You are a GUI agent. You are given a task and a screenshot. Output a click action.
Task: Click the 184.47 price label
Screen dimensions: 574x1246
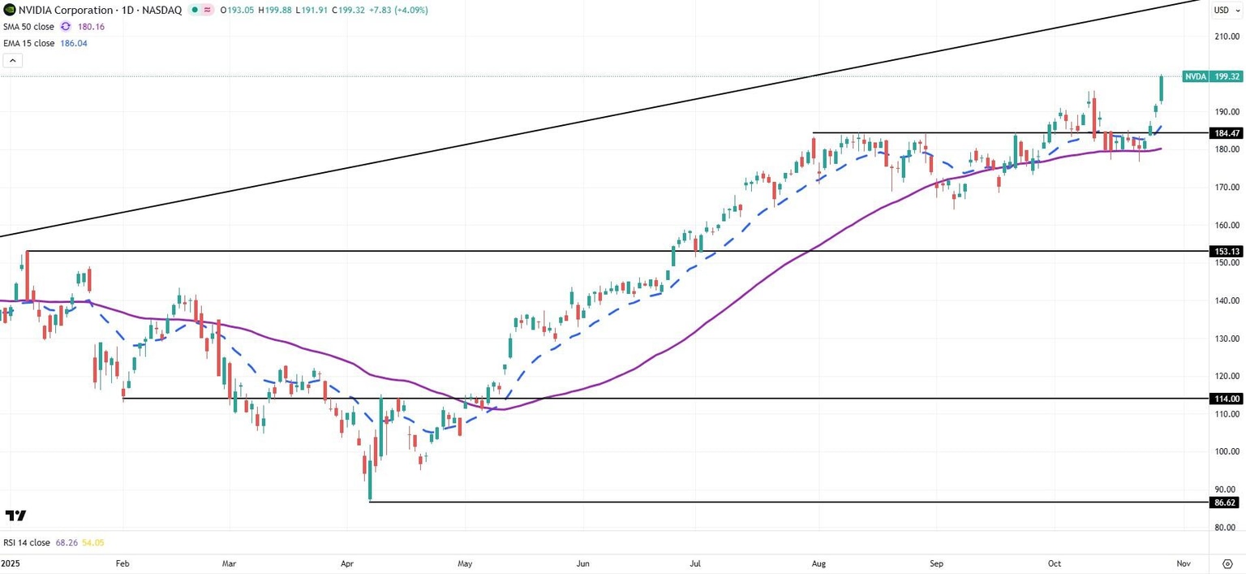[1225, 133]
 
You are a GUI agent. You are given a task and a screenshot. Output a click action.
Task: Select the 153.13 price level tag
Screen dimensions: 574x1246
[1225, 252]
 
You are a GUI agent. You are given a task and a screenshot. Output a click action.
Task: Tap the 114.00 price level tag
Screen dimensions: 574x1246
[1225, 399]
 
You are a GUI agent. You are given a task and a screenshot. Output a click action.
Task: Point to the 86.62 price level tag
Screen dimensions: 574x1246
[1225, 503]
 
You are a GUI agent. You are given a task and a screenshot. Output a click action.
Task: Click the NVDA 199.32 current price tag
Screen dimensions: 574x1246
[1212, 76]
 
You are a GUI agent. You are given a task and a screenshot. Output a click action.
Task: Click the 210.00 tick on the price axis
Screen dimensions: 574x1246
[1226, 37]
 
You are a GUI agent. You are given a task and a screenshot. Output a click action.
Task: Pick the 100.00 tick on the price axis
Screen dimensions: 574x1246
[1226, 452]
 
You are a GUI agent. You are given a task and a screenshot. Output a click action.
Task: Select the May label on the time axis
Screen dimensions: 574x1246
[465, 563]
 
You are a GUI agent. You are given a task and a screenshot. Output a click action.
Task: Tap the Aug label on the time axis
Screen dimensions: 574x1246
[818, 563]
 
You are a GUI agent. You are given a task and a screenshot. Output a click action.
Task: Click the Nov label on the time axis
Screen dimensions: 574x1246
[1183, 563]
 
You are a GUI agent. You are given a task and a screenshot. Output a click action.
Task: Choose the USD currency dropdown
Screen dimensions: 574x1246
[1226, 10]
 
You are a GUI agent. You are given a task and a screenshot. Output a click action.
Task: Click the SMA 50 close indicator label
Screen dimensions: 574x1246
[28, 27]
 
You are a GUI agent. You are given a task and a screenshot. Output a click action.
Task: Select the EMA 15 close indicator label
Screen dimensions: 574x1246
[28, 44]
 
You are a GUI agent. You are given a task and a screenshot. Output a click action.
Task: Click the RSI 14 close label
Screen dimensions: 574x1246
[27, 542]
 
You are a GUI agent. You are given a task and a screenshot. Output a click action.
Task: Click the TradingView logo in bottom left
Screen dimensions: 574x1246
[15, 516]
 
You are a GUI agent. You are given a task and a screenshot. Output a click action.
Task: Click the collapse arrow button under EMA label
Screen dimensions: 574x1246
[12, 61]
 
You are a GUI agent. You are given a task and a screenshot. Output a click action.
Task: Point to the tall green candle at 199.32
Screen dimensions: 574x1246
[1162, 89]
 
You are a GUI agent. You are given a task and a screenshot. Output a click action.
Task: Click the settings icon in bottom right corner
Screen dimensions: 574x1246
[1227, 563]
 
